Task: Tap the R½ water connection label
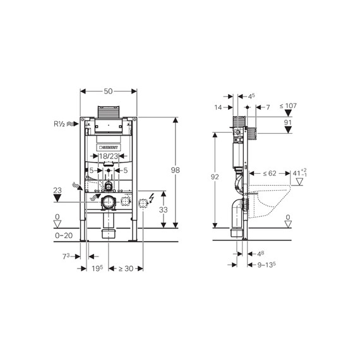60,125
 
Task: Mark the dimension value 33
163,210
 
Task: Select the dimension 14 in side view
219,108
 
